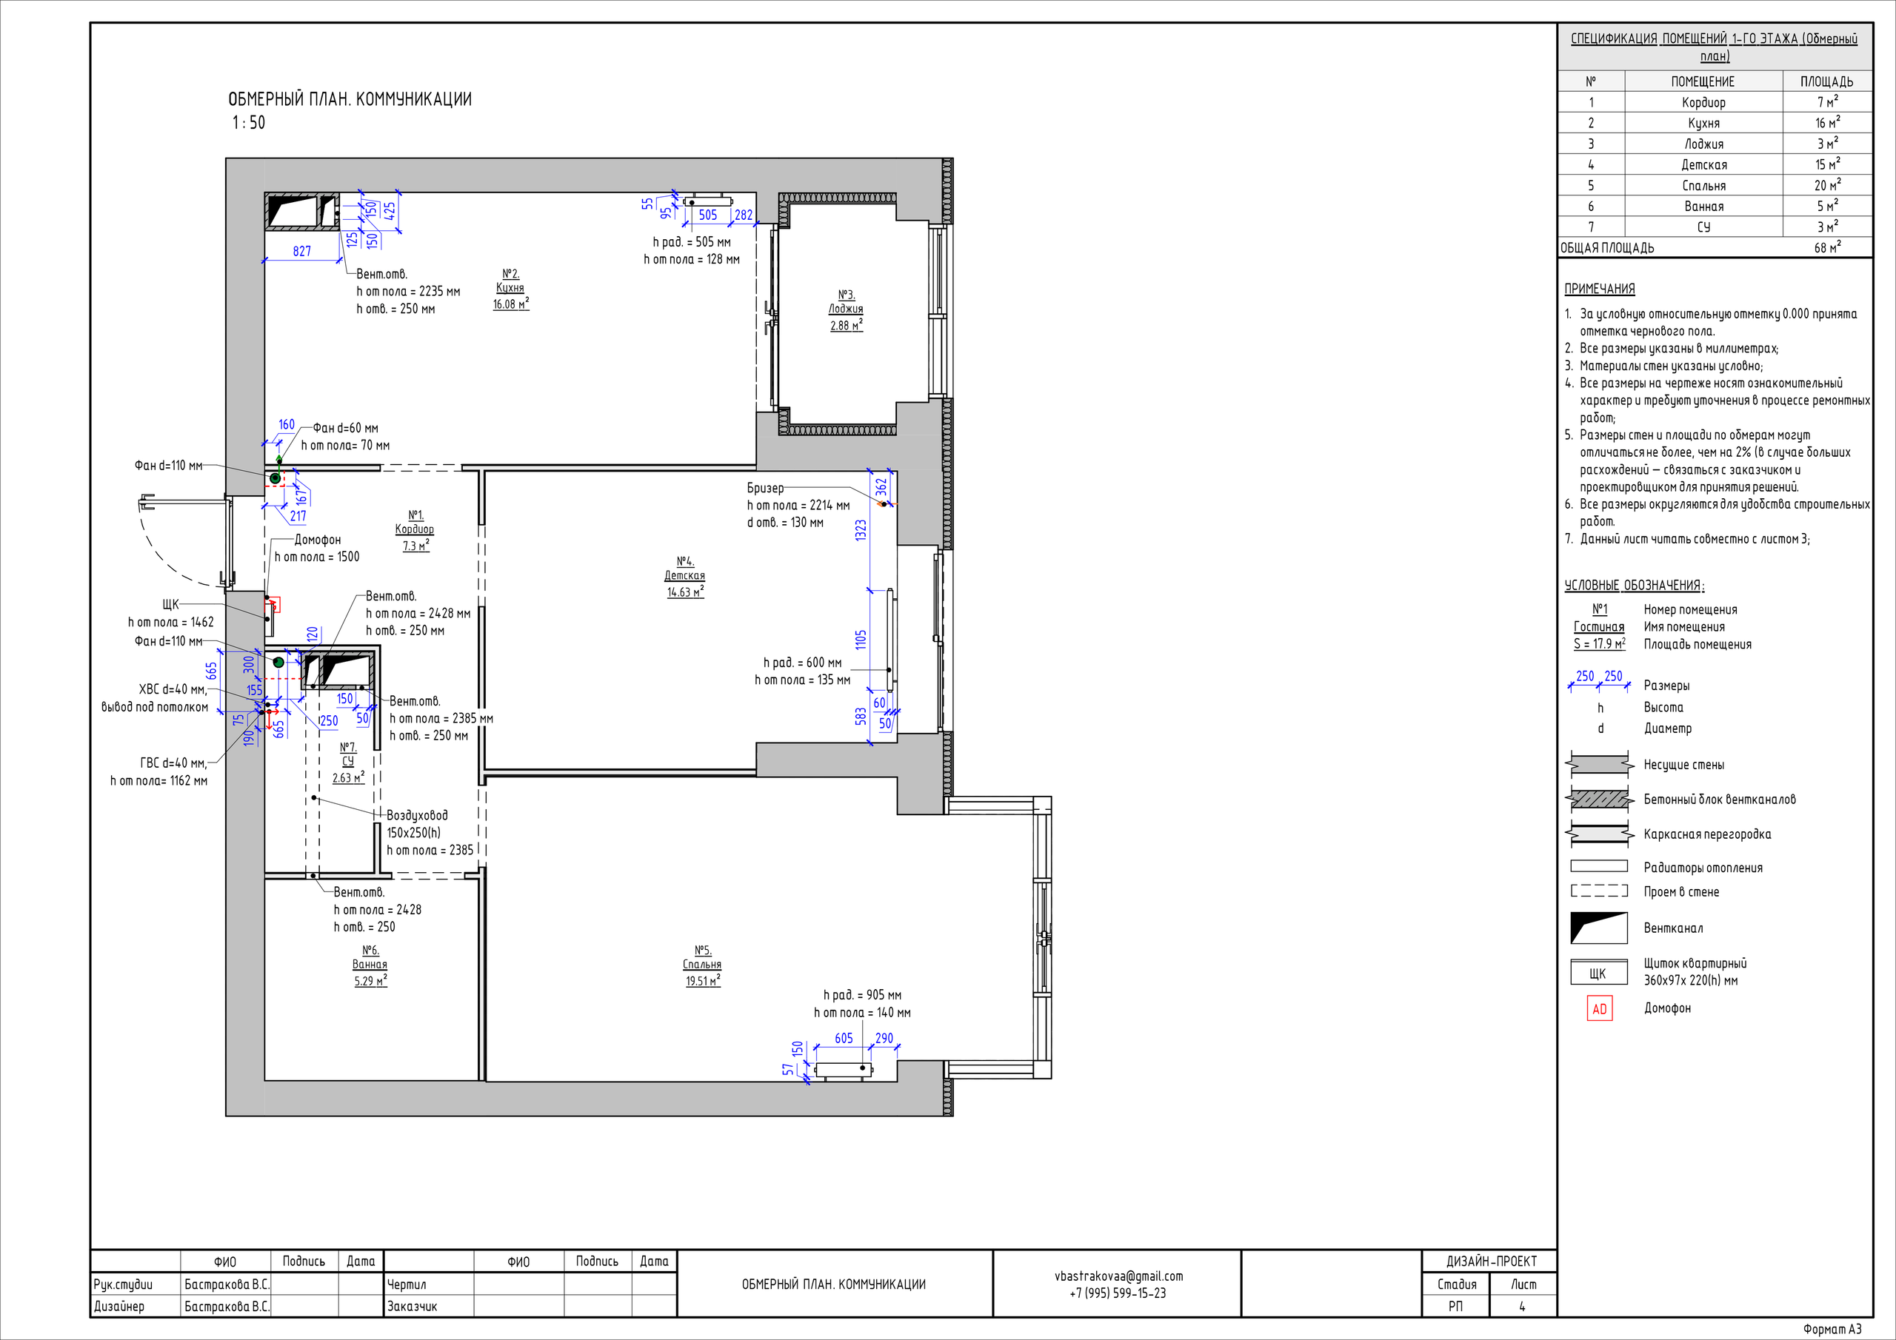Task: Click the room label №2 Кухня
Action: [x=510, y=288]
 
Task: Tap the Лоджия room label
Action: [x=846, y=309]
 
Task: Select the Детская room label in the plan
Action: [x=684, y=575]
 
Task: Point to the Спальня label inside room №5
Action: [x=702, y=965]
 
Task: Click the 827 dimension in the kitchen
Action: [x=302, y=251]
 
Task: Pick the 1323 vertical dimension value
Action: [x=861, y=530]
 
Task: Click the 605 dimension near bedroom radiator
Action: [x=844, y=1039]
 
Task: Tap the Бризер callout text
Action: [x=766, y=488]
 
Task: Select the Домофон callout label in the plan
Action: [x=318, y=539]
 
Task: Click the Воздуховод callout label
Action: [x=417, y=815]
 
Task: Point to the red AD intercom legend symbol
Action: [x=1600, y=1009]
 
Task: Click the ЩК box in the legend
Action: [x=1599, y=973]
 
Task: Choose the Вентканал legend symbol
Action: [x=1599, y=927]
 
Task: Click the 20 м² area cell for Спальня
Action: [x=1826, y=185]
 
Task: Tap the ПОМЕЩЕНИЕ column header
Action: [x=1703, y=81]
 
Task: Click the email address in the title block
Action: [x=1118, y=1276]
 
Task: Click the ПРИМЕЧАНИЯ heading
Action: [x=1600, y=289]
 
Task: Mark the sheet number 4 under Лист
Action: [x=1523, y=1307]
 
